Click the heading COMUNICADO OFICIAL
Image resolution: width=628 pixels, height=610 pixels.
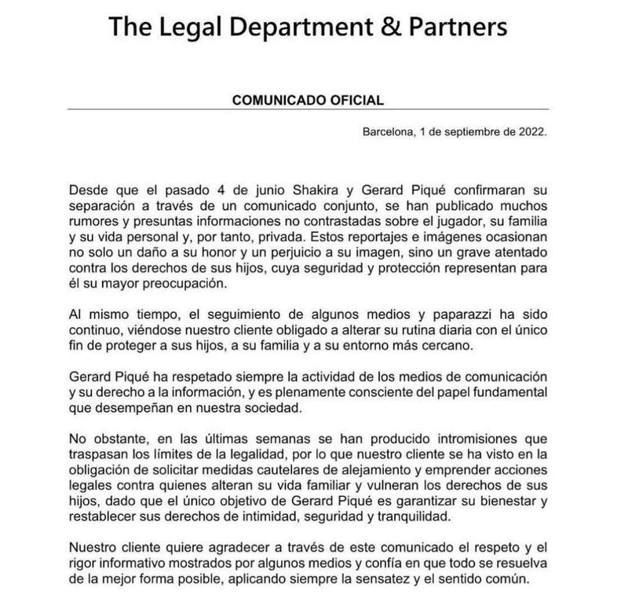pos(309,101)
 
